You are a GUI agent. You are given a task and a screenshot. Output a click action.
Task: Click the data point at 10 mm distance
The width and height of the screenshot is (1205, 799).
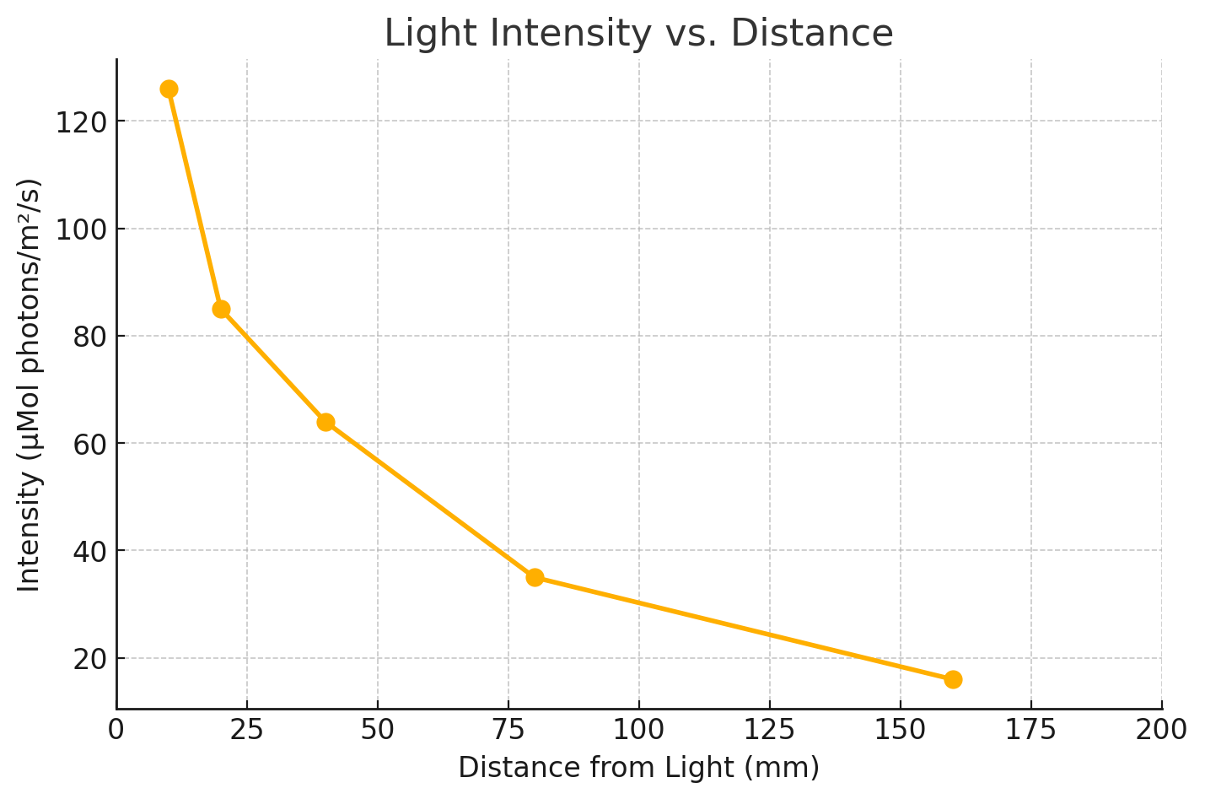[x=169, y=89]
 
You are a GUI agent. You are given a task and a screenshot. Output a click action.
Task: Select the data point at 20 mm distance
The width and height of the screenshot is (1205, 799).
[x=221, y=309]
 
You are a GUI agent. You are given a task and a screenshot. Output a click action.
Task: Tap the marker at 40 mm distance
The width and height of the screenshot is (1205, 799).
[x=325, y=422]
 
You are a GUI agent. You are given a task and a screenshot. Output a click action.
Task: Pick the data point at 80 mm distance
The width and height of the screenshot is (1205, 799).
[x=535, y=577]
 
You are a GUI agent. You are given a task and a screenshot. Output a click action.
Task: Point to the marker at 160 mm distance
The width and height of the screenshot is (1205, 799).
[x=953, y=679]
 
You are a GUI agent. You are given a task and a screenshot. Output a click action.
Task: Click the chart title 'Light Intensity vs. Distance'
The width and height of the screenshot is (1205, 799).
[x=638, y=34]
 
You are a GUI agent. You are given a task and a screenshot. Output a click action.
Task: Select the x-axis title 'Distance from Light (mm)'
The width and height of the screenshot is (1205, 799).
[x=638, y=768]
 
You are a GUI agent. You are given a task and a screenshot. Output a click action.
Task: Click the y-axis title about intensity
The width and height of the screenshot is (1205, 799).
[x=30, y=385]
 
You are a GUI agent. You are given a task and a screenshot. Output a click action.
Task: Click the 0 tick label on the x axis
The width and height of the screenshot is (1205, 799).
[x=116, y=729]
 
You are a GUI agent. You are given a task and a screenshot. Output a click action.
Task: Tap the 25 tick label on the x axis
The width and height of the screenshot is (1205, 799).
[x=247, y=729]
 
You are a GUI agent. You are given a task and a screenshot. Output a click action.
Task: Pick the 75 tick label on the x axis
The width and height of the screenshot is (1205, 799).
[x=508, y=729]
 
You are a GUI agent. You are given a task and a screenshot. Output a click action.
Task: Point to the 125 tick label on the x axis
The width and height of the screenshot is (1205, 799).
[x=770, y=729]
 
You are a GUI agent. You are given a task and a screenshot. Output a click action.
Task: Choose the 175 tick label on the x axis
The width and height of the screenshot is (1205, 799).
[x=1031, y=729]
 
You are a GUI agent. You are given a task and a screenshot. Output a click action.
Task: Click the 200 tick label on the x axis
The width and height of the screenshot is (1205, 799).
[x=1162, y=729]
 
